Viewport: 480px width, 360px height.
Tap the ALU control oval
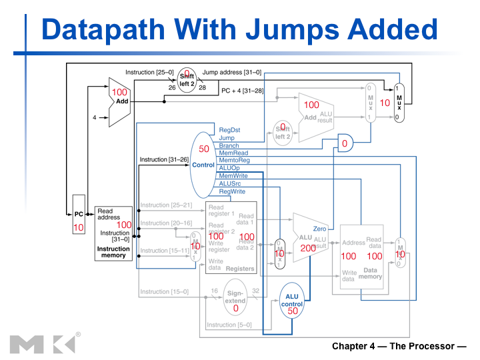[292, 303]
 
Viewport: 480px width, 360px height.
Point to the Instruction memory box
[113, 233]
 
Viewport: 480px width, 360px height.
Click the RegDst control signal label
[229, 129]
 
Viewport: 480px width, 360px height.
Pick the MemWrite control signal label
[233, 176]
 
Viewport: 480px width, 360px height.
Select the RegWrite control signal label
[232, 191]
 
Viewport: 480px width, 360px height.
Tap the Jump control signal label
[227, 138]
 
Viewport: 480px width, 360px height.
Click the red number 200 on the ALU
[308, 248]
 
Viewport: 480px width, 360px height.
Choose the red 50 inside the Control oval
[204, 149]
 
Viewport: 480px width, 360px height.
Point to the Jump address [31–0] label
[232, 71]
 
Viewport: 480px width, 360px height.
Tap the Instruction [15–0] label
[164, 291]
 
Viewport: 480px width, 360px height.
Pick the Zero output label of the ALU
[319, 229]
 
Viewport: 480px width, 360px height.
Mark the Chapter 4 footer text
[399, 347]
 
